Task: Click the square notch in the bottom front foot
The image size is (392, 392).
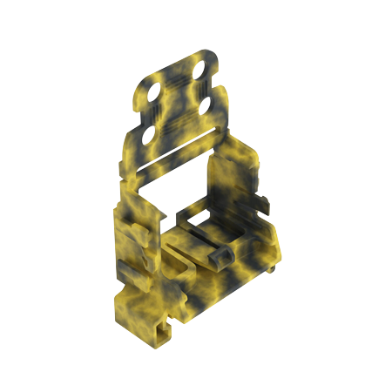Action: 163,328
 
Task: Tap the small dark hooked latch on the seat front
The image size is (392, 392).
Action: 221,255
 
